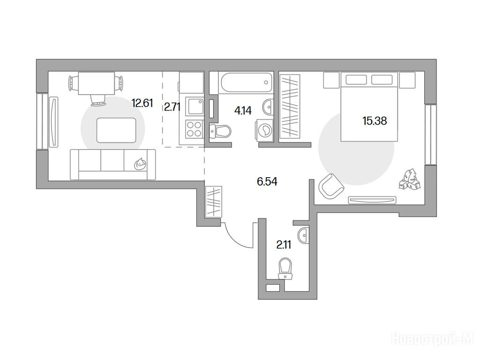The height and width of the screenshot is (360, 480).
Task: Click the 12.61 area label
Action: [x=142, y=104]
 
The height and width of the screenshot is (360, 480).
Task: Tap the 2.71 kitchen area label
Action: [x=172, y=107]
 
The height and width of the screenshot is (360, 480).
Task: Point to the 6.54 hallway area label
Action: [x=267, y=181]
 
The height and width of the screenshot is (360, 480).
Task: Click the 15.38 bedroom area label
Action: [x=375, y=121]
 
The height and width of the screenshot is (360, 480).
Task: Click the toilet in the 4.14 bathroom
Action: [x=220, y=131]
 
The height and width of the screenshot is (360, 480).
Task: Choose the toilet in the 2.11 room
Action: [x=285, y=269]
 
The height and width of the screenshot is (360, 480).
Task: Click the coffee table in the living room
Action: [x=116, y=130]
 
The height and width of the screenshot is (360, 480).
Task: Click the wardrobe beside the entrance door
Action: [x=213, y=202]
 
